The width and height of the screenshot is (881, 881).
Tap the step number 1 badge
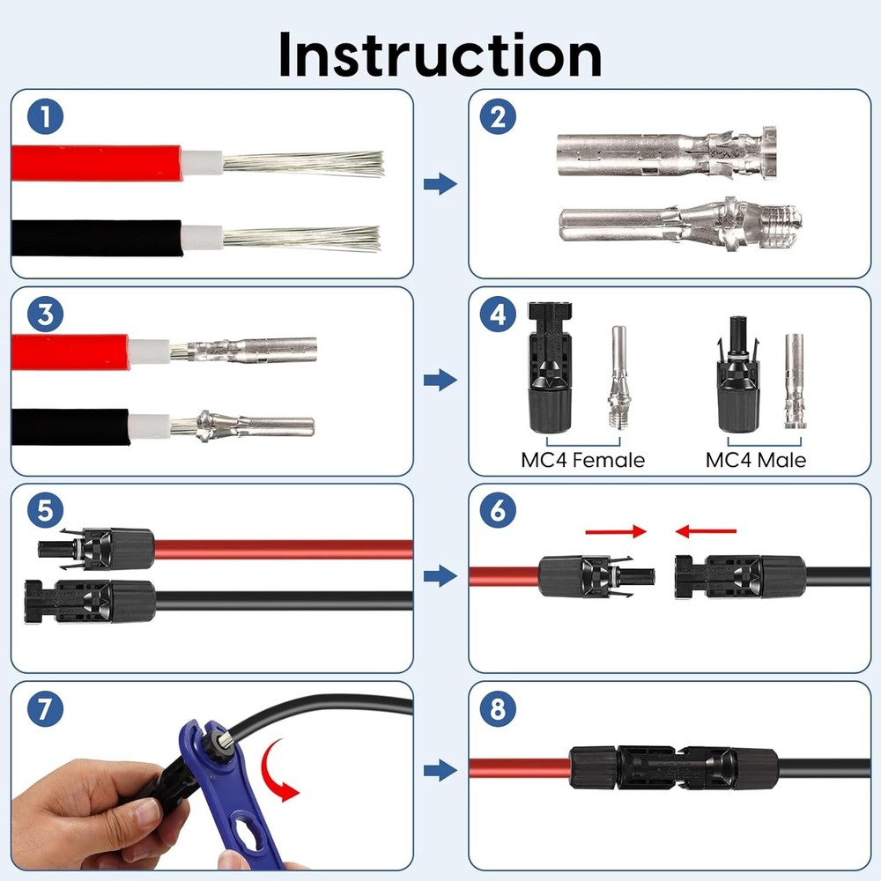(x=40, y=116)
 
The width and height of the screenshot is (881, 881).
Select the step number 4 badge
(x=498, y=314)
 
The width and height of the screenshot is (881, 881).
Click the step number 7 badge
(x=40, y=709)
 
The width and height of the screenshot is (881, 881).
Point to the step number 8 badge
(x=498, y=709)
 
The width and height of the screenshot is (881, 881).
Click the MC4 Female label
(x=582, y=460)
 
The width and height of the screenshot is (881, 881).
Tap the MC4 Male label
(x=755, y=460)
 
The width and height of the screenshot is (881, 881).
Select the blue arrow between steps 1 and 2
(x=440, y=184)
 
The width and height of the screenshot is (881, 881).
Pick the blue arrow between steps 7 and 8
(x=440, y=771)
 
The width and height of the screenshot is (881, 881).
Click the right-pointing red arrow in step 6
(x=616, y=531)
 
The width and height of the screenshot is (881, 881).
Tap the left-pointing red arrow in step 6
(x=706, y=531)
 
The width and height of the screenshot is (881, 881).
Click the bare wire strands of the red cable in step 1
(x=304, y=163)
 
